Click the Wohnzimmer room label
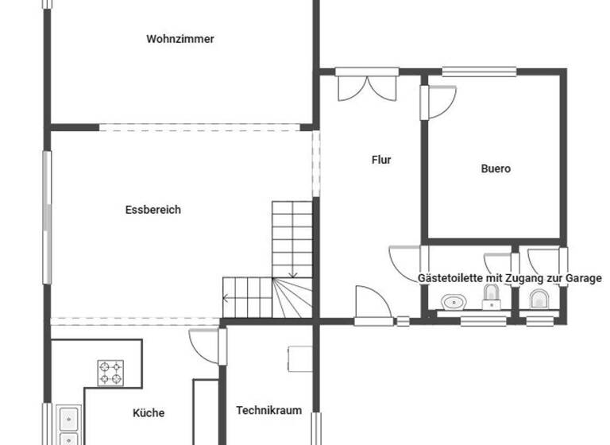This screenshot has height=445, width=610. [x=180, y=39]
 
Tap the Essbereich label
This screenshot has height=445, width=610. [x=153, y=210]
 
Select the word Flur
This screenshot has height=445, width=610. [x=381, y=160]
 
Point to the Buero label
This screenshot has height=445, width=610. [x=496, y=168]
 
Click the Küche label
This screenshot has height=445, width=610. [x=149, y=412]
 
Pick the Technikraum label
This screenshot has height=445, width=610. [x=269, y=411]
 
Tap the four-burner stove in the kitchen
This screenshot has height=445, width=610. [x=110, y=373]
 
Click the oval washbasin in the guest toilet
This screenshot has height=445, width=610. [x=454, y=302]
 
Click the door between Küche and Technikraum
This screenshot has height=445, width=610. [x=203, y=343]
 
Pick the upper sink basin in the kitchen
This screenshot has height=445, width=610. [x=68, y=416]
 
